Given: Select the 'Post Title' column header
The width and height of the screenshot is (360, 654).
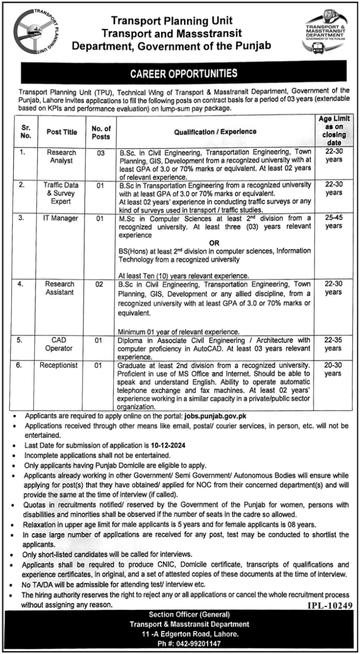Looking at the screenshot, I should coord(62,132).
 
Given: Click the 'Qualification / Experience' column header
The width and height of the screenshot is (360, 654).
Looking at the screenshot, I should coord(215,131).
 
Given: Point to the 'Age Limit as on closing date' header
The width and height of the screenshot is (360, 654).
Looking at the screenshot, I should coord(333,131).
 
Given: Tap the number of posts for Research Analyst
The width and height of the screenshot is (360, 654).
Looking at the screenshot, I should coord(100,153).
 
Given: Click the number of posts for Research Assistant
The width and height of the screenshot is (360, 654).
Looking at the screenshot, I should coord(100,284).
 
